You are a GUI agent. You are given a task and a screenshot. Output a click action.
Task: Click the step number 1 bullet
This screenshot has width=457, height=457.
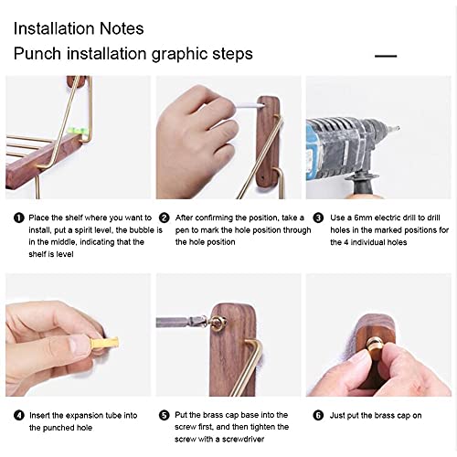[19, 218]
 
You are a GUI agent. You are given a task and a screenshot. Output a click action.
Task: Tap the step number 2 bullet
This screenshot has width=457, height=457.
[165, 218]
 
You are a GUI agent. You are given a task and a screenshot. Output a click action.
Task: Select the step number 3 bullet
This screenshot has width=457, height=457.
[318, 218]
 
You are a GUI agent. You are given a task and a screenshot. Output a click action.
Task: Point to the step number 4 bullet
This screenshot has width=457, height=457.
[19, 415]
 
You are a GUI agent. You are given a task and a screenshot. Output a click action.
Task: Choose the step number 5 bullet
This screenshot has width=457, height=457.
[165, 415]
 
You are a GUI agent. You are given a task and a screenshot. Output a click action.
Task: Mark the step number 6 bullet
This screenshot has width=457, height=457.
[318, 415]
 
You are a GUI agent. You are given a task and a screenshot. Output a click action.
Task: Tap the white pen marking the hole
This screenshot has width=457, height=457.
[250, 106]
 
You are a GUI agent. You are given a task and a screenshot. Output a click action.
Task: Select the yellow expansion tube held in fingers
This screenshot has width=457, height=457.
[104, 343]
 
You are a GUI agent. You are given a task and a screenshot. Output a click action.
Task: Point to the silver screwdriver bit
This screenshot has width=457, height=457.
[181, 322]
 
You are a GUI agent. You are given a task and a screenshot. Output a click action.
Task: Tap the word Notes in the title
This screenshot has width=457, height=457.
[122, 28]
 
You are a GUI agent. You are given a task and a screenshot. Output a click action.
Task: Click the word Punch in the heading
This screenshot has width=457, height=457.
[37, 54]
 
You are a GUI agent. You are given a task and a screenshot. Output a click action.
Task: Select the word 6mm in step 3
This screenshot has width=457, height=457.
[363, 218]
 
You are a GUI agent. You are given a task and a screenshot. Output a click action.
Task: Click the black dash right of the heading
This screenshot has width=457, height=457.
[386, 56]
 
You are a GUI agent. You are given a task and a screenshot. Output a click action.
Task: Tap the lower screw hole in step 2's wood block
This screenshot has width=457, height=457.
[263, 176]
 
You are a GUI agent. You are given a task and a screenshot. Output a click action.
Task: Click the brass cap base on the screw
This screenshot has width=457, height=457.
[217, 323]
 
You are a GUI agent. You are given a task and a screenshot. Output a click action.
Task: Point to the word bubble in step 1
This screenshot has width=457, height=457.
[143, 230]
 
